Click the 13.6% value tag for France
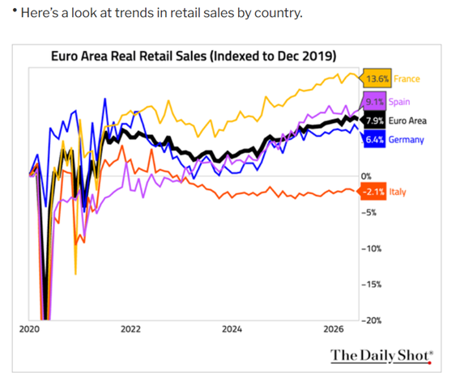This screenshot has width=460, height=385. [x=376, y=78]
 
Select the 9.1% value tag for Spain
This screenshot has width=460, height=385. [x=374, y=102]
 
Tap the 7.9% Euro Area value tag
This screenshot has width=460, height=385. [x=373, y=121]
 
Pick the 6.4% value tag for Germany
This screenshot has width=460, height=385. [x=373, y=139]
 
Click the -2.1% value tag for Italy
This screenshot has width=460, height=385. [x=373, y=192]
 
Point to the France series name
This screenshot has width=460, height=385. [x=407, y=78]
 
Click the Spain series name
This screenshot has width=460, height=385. [x=399, y=102]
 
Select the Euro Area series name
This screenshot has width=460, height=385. [x=407, y=121]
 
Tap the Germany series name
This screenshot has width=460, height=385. [x=407, y=140]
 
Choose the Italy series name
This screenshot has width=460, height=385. [x=398, y=192]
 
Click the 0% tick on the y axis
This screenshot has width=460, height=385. [x=366, y=176]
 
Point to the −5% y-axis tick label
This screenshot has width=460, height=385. [x=368, y=213]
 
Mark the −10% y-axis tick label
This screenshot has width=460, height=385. [x=371, y=249]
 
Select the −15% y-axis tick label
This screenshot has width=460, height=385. [x=371, y=284]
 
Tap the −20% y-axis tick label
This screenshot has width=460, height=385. [x=371, y=320]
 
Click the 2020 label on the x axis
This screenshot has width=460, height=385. [x=29, y=329]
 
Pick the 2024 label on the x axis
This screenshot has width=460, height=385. [x=232, y=329]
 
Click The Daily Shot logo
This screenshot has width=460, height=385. [x=381, y=356]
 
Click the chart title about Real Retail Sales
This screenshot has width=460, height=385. [x=194, y=56]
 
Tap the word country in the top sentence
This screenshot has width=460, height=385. [x=278, y=13]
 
